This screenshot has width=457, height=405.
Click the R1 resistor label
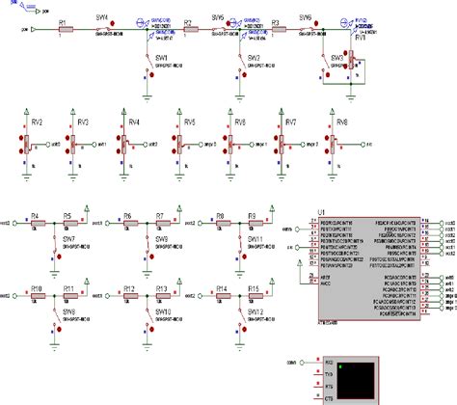click(63, 19)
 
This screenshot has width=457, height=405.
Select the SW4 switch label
click(103, 17)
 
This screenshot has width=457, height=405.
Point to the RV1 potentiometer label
click(363, 39)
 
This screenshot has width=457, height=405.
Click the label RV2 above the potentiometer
click(37, 122)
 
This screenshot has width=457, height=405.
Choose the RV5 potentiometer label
click(189, 122)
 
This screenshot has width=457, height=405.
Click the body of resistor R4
click(35, 223)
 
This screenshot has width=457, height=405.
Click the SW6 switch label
click(306, 17)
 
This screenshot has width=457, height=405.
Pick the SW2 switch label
click(255, 58)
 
